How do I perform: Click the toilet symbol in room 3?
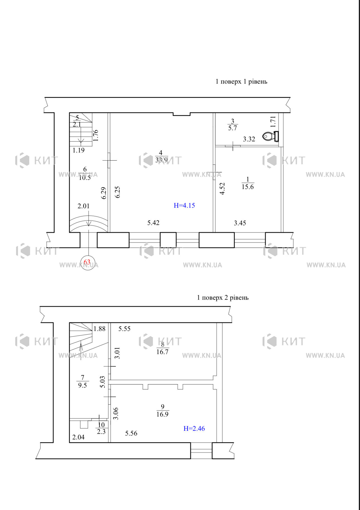point(271,136)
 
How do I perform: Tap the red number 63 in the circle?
point(87,262)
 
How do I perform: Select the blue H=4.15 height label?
point(184,206)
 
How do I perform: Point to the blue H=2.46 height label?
point(194,429)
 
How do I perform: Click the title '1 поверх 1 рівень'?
point(241,82)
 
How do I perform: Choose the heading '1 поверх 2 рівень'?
point(223,298)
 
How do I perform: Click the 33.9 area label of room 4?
point(161,160)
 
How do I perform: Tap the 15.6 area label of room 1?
point(248,187)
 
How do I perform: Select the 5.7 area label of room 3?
point(232,128)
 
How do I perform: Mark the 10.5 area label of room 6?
point(85,178)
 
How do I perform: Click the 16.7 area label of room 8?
point(162,352)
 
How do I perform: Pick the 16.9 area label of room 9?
point(162,414)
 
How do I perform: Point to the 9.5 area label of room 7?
point(82,385)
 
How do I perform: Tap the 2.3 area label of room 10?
point(101,432)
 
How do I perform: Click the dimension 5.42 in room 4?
point(153,223)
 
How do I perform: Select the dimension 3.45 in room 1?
point(240,223)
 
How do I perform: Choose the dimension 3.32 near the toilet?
point(249,139)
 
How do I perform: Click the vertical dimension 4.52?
point(222,189)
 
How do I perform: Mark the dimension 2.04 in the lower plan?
point(78,437)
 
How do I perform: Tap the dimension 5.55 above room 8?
point(124,329)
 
